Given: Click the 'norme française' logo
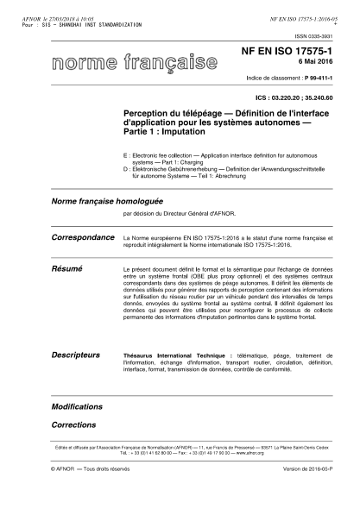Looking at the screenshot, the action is point(133,63).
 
